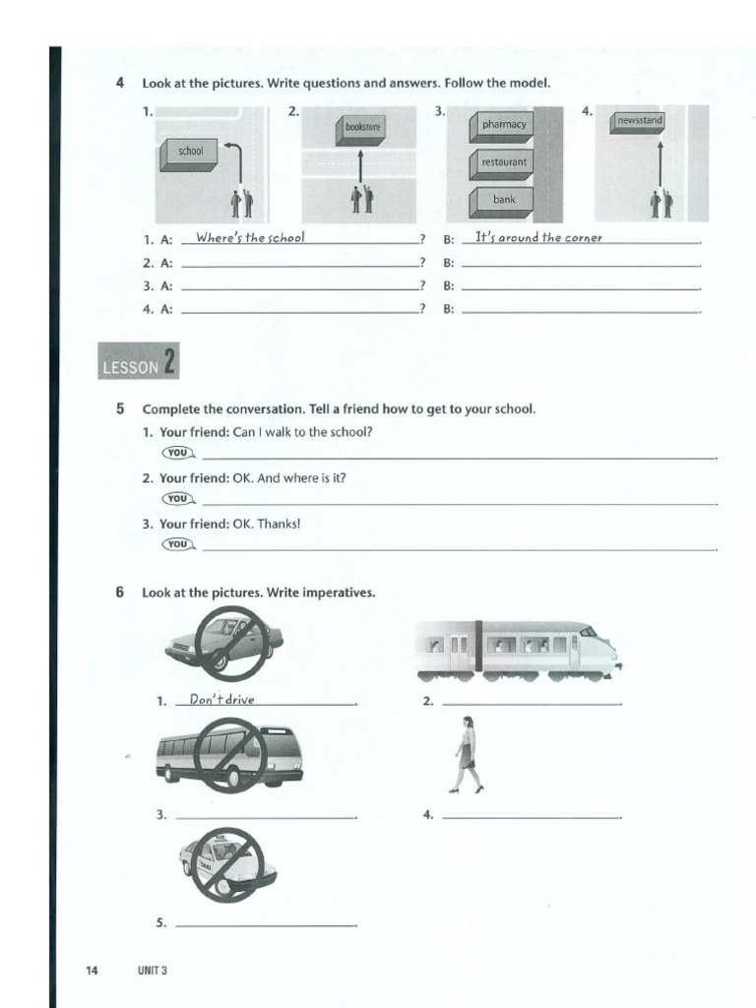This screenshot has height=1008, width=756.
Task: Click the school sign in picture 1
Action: (x=190, y=153)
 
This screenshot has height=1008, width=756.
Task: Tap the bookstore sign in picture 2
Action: (x=363, y=128)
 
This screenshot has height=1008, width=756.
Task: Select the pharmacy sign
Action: (x=504, y=125)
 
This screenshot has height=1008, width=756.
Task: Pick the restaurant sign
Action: (x=504, y=162)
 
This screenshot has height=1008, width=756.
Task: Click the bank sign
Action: (x=504, y=200)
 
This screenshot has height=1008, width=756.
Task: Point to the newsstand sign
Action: (x=639, y=121)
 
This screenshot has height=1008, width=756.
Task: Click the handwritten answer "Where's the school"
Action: (x=250, y=237)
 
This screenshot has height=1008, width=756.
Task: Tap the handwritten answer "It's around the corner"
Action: (x=537, y=237)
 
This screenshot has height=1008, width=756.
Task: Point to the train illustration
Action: (x=518, y=650)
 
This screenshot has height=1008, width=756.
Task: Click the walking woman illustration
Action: (x=467, y=755)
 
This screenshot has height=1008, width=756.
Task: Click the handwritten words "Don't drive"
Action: (x=222, y=699)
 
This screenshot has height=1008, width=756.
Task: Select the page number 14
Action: (x=92, y=971)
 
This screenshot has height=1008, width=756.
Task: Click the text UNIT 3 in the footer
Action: (x=153, y=971)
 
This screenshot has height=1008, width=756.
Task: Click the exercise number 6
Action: (x=119, y=593)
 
